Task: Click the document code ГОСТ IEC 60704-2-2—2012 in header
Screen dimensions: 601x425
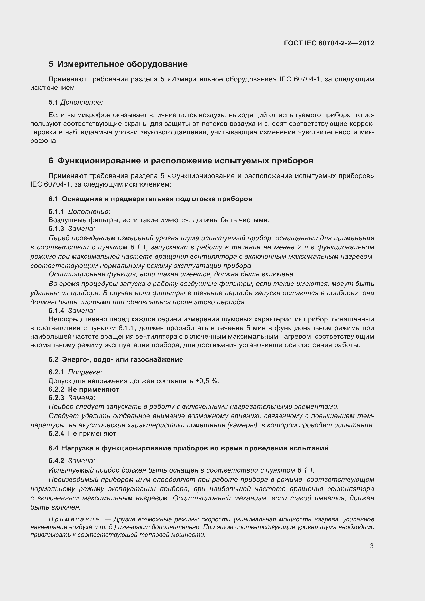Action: point(329,43)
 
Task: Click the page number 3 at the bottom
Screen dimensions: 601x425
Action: point(372,546)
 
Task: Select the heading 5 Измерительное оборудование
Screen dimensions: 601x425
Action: point(118,64)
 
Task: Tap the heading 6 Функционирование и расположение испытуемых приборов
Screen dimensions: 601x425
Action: point(181,161)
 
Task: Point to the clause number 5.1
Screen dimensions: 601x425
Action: point(53,102)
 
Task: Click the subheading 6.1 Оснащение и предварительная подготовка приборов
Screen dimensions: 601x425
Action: point(151,199)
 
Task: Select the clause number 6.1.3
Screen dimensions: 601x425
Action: point(56,229)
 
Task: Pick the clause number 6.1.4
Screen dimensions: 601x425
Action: point(56,311)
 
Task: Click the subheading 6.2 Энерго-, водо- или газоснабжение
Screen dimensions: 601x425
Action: point(116,359)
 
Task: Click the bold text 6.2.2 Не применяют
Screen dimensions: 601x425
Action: point(84,389)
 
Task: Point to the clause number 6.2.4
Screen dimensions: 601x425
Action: point(56,433)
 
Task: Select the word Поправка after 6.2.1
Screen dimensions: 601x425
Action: point(85,372)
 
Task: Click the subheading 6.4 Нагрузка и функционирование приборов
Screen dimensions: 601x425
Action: point(188,448)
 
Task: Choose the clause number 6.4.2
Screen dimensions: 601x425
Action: point(56,461)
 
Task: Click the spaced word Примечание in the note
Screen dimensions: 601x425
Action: point(74,519)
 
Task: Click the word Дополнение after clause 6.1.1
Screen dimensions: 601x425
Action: point(89,211)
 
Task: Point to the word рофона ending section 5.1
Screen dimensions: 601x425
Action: point(43,141)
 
